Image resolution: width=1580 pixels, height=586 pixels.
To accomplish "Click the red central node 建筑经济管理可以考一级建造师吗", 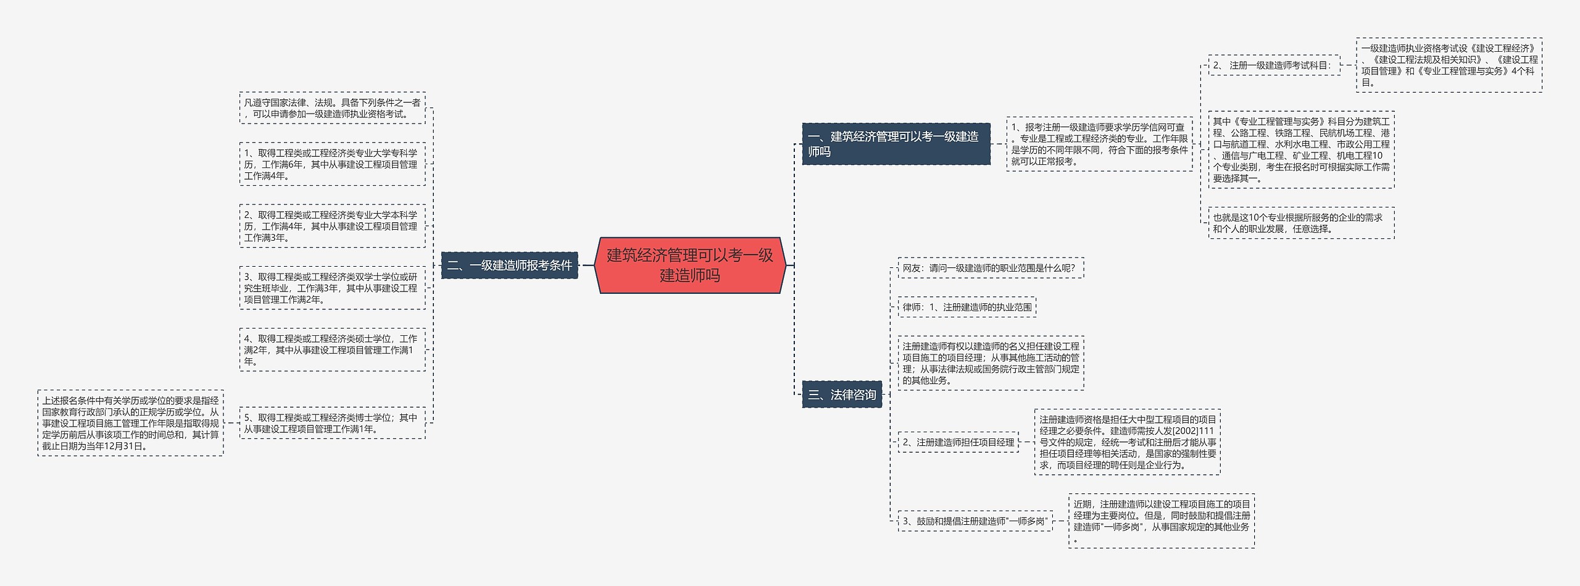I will click(689, 265).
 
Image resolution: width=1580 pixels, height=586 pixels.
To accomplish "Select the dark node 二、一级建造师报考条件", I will click(509, 266).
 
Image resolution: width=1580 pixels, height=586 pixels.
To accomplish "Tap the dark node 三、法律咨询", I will click(842, 395).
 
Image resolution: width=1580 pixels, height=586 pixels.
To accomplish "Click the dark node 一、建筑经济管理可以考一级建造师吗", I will click(896, 144).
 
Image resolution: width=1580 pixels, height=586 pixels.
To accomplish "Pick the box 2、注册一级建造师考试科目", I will click(1274, 65).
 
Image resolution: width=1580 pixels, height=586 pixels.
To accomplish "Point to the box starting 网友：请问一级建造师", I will click(989, 268).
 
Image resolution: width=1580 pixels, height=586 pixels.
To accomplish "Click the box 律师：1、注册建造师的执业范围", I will click(967, 307).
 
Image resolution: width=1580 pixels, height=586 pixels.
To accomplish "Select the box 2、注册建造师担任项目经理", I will click(958, 442).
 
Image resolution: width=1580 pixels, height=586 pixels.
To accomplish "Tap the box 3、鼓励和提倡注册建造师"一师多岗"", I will click(975, 521).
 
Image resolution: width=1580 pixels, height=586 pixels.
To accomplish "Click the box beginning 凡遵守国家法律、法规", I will click(332, 108).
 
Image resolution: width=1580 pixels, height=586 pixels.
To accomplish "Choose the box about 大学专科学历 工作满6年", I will click(332, 164).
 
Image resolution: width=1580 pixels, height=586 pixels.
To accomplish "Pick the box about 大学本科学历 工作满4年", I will click(332, 226).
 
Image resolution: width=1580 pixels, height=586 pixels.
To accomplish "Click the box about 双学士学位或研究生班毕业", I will click(332, 288).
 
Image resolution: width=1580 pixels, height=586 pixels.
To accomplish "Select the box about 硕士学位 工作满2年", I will click(332, 350).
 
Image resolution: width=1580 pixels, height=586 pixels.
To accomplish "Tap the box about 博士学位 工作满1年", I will click(332, 423).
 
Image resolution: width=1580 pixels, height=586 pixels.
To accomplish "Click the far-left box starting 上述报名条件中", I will click(130, 423).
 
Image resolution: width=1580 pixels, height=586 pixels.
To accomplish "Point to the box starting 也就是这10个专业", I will click(1301, 223).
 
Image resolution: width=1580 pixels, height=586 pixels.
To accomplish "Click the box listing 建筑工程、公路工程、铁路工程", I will click(1301, 149).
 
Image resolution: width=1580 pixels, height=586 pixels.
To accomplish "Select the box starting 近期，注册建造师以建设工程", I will click(1162, 521).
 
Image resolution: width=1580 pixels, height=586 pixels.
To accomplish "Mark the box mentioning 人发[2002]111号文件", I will click(1127, 442).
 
